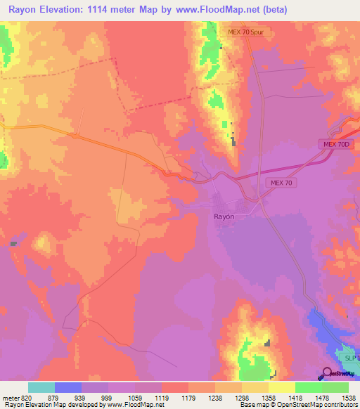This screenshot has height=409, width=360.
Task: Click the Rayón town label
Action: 224,217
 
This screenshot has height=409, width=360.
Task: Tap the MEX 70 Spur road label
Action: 245,33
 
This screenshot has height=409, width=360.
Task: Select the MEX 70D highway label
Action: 336,144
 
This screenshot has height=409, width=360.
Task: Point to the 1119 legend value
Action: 161,397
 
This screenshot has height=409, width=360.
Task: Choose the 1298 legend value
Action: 241,397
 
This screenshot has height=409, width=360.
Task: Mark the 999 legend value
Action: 108,397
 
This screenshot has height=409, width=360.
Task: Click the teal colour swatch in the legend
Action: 41,387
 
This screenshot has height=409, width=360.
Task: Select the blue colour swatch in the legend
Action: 68,387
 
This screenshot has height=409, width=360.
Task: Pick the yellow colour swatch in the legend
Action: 282,387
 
